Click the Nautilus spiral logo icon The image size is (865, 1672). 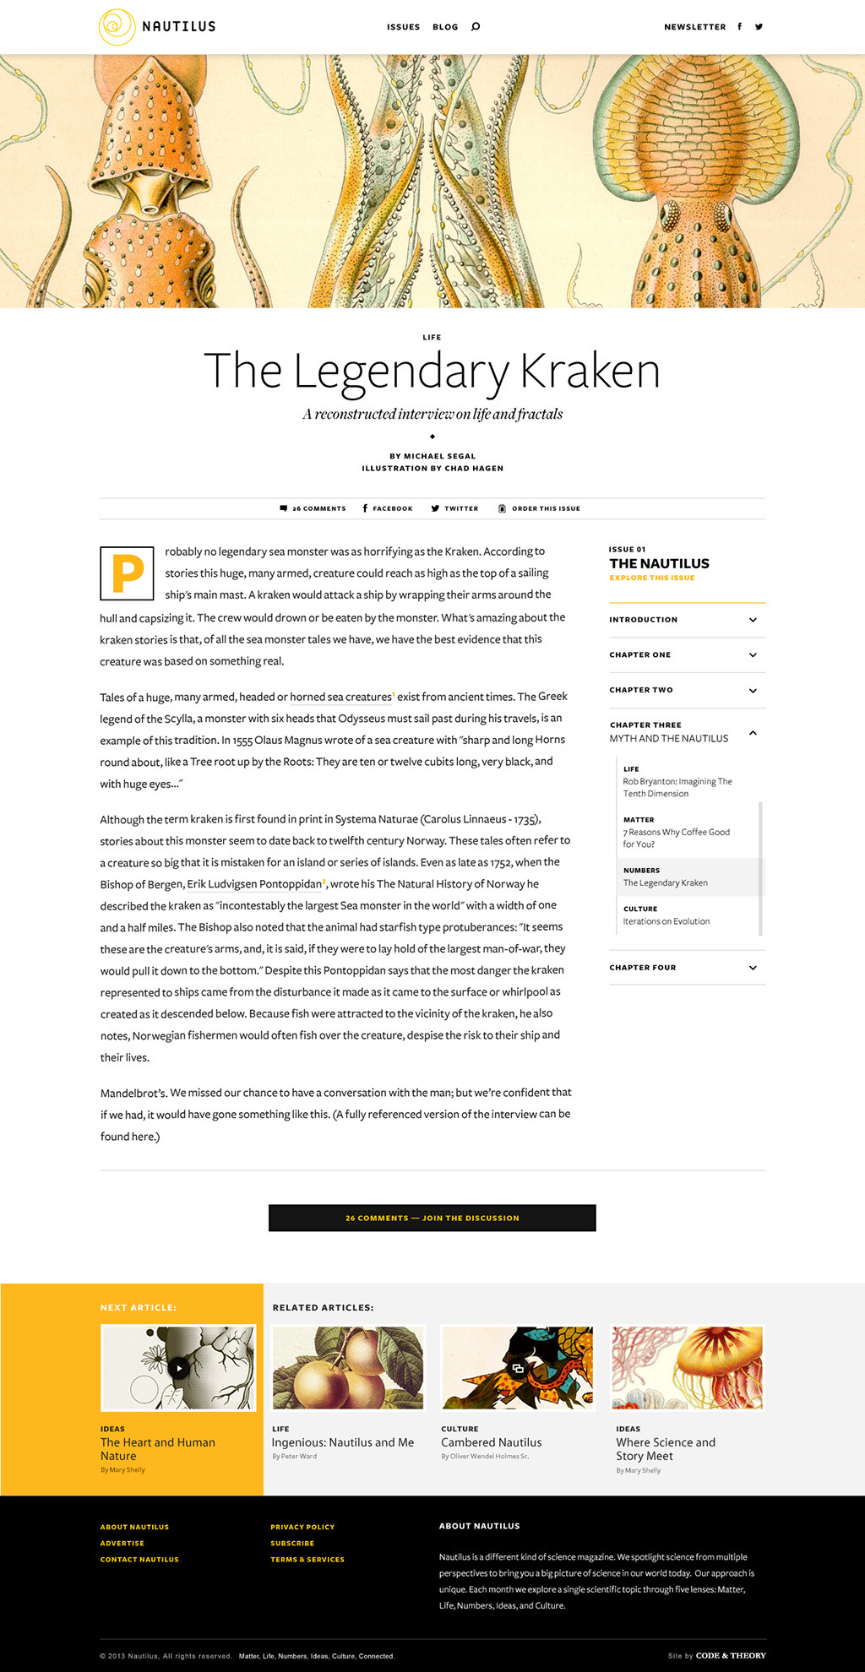point(117,26)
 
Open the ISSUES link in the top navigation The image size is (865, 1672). point(403,27)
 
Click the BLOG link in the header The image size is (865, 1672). point(445,27)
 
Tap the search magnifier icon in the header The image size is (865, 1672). point(476,27)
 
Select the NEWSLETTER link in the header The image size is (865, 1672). point(694,27)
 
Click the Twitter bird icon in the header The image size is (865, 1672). point(759,27)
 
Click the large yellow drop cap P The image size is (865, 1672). point(127,573)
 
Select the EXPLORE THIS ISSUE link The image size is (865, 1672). point(652,578)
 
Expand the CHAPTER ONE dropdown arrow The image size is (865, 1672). point(753,655)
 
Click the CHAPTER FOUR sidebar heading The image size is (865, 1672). point(643,968)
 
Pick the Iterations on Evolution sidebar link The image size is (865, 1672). point(666,921)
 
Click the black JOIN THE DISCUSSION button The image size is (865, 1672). point(432,1218)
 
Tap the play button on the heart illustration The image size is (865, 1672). point(178,1368)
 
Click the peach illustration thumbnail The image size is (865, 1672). point(348,1367)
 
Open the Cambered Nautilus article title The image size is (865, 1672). point(491,1442)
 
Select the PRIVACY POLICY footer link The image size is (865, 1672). point(302,1527)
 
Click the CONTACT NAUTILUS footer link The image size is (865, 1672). point(139,1560)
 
